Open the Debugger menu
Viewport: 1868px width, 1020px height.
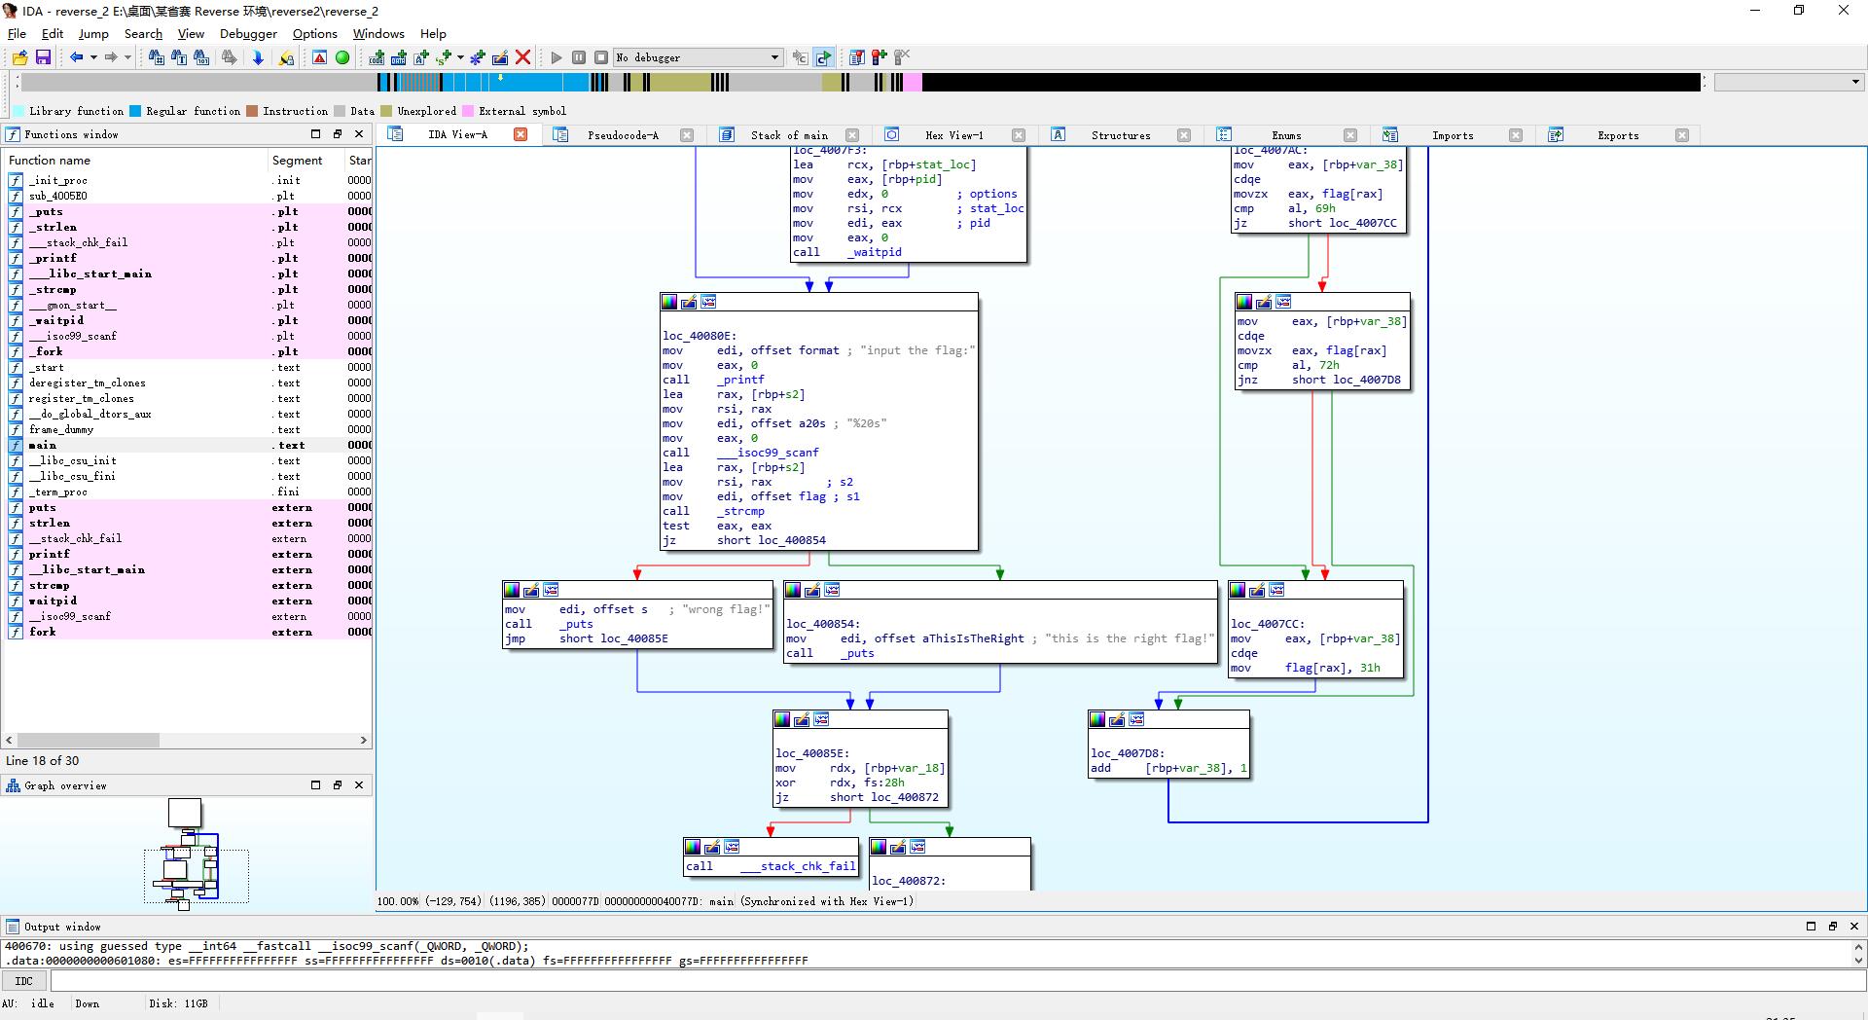pos(248,33)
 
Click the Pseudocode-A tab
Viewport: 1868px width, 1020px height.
pos(623,135)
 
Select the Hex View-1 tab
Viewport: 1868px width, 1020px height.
pos(953,135)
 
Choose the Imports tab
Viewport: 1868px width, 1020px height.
pos(1453,135)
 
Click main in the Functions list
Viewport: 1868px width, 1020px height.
pos(43,445)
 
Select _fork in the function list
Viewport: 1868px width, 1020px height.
pos(46,351)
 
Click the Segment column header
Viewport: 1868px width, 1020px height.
pos(297,160)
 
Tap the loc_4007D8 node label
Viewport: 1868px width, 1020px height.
pos(1128,753)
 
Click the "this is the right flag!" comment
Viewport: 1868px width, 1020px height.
pos(1130,638)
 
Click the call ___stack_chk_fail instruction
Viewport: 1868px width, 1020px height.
pos(771,866)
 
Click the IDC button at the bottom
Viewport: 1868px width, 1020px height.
pos(24,981)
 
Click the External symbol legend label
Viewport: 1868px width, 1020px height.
pos(521,111)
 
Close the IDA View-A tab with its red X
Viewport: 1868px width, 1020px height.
pos(521,134)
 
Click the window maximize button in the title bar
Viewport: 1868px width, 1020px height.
pos(1799,11)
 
